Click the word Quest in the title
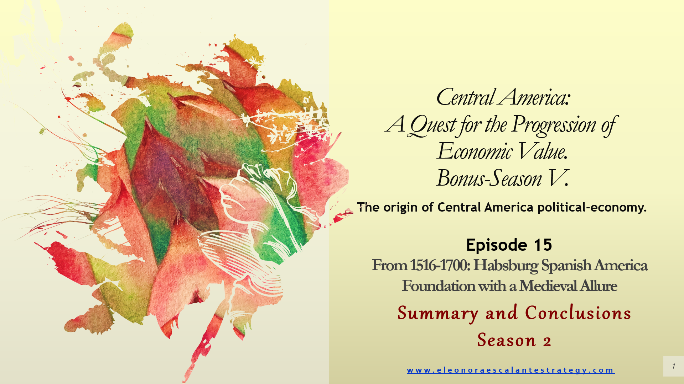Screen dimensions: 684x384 point(432,126)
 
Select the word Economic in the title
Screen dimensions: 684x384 point(475,152)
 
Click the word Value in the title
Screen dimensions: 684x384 point(542,152)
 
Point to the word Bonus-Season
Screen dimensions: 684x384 point(489,178)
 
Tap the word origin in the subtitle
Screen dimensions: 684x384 point(401,208)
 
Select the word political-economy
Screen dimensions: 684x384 point(592,207)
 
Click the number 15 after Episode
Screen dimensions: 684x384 point(543,245)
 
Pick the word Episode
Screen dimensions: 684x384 point(497,245)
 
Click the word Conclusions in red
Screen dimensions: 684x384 point(578,313)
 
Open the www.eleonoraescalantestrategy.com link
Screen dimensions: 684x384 point(511,370)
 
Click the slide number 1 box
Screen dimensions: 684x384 point(673,366)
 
